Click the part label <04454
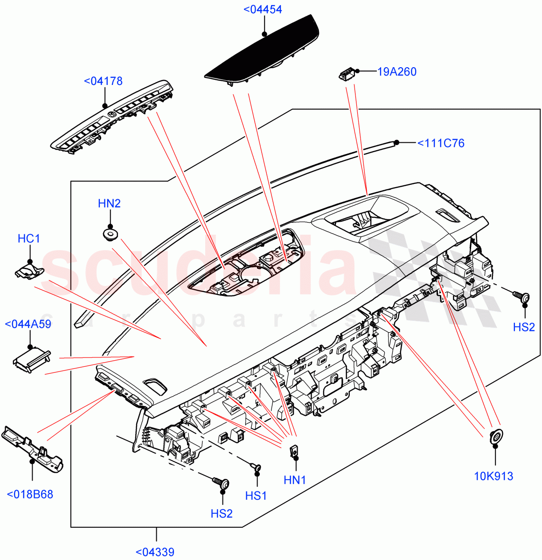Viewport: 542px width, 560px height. point(263,9)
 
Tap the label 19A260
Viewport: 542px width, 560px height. point(396,71)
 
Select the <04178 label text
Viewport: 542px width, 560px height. point(103,81)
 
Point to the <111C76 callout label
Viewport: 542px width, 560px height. point(441,143)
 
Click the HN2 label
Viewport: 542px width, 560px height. point(109,203)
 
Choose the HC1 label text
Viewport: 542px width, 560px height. point(29,239)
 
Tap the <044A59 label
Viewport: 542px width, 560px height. point(28,324)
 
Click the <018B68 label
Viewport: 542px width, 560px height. point(30,494)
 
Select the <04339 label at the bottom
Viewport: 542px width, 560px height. point(155,552)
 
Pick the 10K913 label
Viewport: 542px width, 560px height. point(493,476)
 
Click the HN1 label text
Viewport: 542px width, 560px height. point(295,480)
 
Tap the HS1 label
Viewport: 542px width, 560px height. point(256,496)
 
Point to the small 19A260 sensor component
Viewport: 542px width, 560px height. point(346,74)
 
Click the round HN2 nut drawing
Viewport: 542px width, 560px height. point(110,234)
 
